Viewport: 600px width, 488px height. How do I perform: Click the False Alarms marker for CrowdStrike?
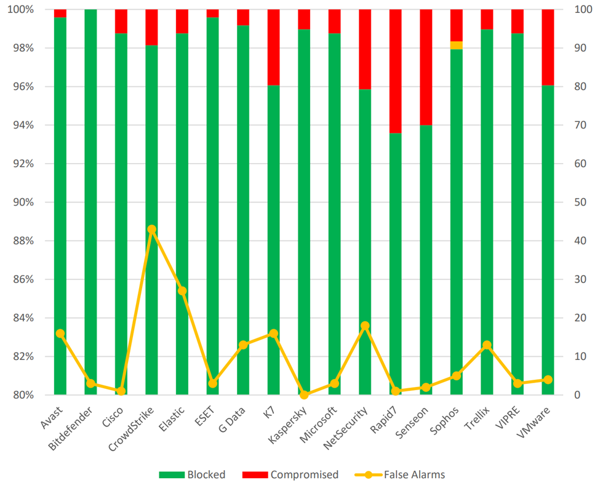(x=152, y=230)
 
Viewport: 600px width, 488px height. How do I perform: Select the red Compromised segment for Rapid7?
(x=395, y=71)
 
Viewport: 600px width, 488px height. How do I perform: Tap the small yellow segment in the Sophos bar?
(x=456, y=45)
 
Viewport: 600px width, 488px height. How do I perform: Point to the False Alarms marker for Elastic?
(x=182, y=291)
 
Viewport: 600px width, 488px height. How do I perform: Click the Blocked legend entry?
(x=192, y=474)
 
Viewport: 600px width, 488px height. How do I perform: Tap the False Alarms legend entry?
(x=400, y=474)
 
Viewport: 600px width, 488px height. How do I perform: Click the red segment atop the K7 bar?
(x=273, y=47)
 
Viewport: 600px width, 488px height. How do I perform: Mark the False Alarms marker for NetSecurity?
(x=365, y=326)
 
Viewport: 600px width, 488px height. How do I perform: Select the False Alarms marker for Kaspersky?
(x=304, y=394)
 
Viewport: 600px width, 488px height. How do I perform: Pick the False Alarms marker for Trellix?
(x=487, y=345)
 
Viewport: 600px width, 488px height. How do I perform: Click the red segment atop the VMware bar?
(x=548, y=47)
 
